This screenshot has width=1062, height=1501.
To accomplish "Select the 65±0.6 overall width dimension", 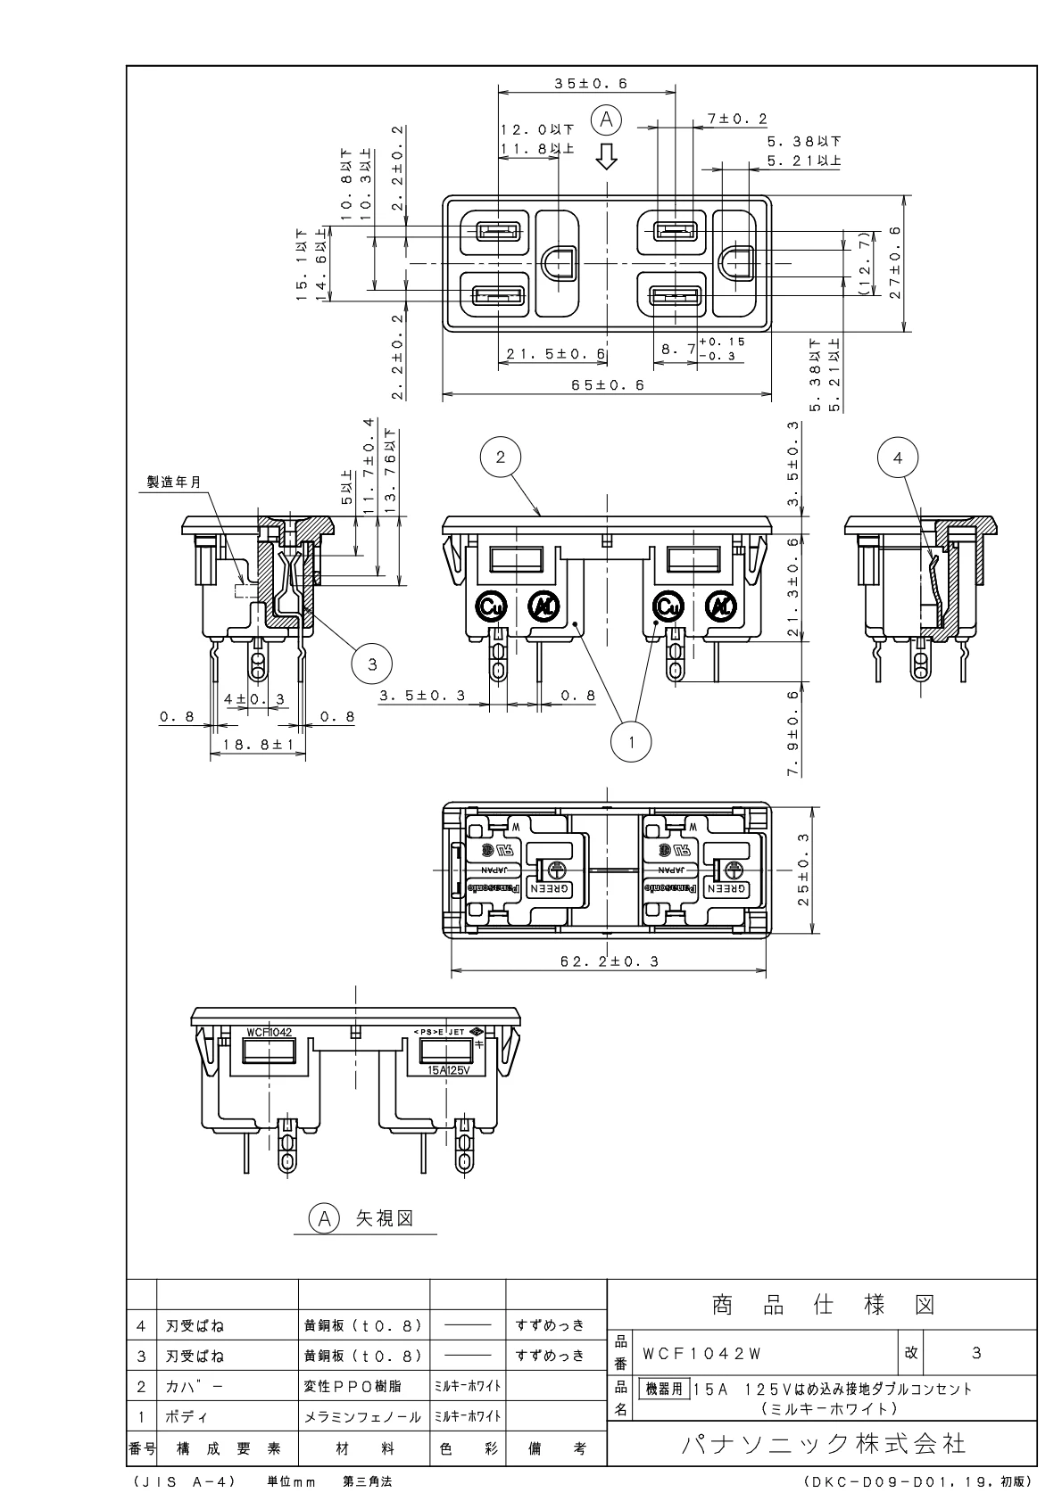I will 603,385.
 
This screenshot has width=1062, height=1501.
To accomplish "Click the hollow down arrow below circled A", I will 607,156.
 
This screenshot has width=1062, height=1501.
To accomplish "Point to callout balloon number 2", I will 501,457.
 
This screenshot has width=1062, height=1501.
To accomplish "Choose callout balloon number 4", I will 898,457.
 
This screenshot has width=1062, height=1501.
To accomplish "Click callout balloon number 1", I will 632,739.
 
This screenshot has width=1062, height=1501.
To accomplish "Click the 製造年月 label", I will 174,481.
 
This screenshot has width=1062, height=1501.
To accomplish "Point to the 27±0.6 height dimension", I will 895,262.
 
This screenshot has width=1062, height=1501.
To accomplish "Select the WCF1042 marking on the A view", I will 269,1031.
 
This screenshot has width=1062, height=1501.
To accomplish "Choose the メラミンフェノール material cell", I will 362,1416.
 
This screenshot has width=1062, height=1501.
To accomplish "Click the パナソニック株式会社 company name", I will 822,1443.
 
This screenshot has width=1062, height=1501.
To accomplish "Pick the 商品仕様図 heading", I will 822,1306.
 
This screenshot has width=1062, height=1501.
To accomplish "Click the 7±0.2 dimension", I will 737,119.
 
